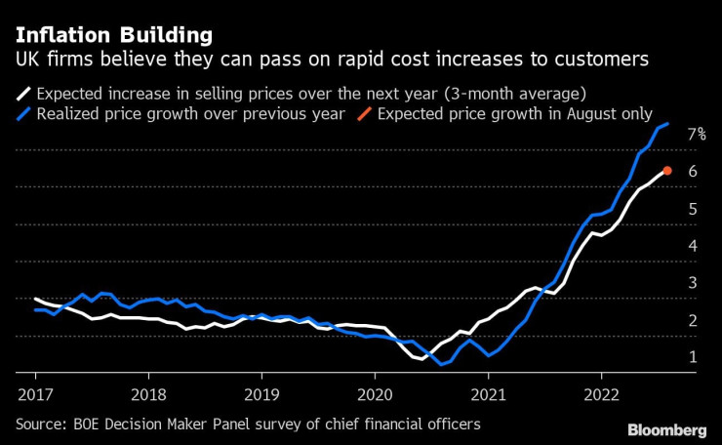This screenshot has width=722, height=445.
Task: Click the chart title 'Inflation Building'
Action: (x=113, y=36)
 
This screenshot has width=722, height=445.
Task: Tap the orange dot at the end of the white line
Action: (x=667, y=171)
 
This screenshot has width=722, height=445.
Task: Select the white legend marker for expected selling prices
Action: (x=24, y=95)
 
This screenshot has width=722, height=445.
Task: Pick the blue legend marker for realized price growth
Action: (x=24, y=114)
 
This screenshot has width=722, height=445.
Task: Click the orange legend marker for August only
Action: (x=361, y=114)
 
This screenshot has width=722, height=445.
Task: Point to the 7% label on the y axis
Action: (x=696, y=134)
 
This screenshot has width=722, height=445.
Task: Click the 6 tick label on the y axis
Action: (x=692, y=172)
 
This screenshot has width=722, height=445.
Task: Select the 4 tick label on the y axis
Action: (x=692, y=246)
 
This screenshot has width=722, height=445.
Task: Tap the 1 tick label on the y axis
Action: (x=692, y=357)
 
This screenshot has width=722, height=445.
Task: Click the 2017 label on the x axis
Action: (x=35, y=396)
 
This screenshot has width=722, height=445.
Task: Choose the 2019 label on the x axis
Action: (x=261, y=396)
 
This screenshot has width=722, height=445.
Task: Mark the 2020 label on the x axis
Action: (x=375, y=396)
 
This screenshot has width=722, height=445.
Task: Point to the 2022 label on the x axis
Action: (x=601, y=396)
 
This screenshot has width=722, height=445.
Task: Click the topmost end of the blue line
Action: (x=667, y=124)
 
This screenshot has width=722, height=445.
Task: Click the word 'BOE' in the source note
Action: (x=94, y=425)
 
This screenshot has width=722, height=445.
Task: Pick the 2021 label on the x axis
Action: (x=488, y=396)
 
